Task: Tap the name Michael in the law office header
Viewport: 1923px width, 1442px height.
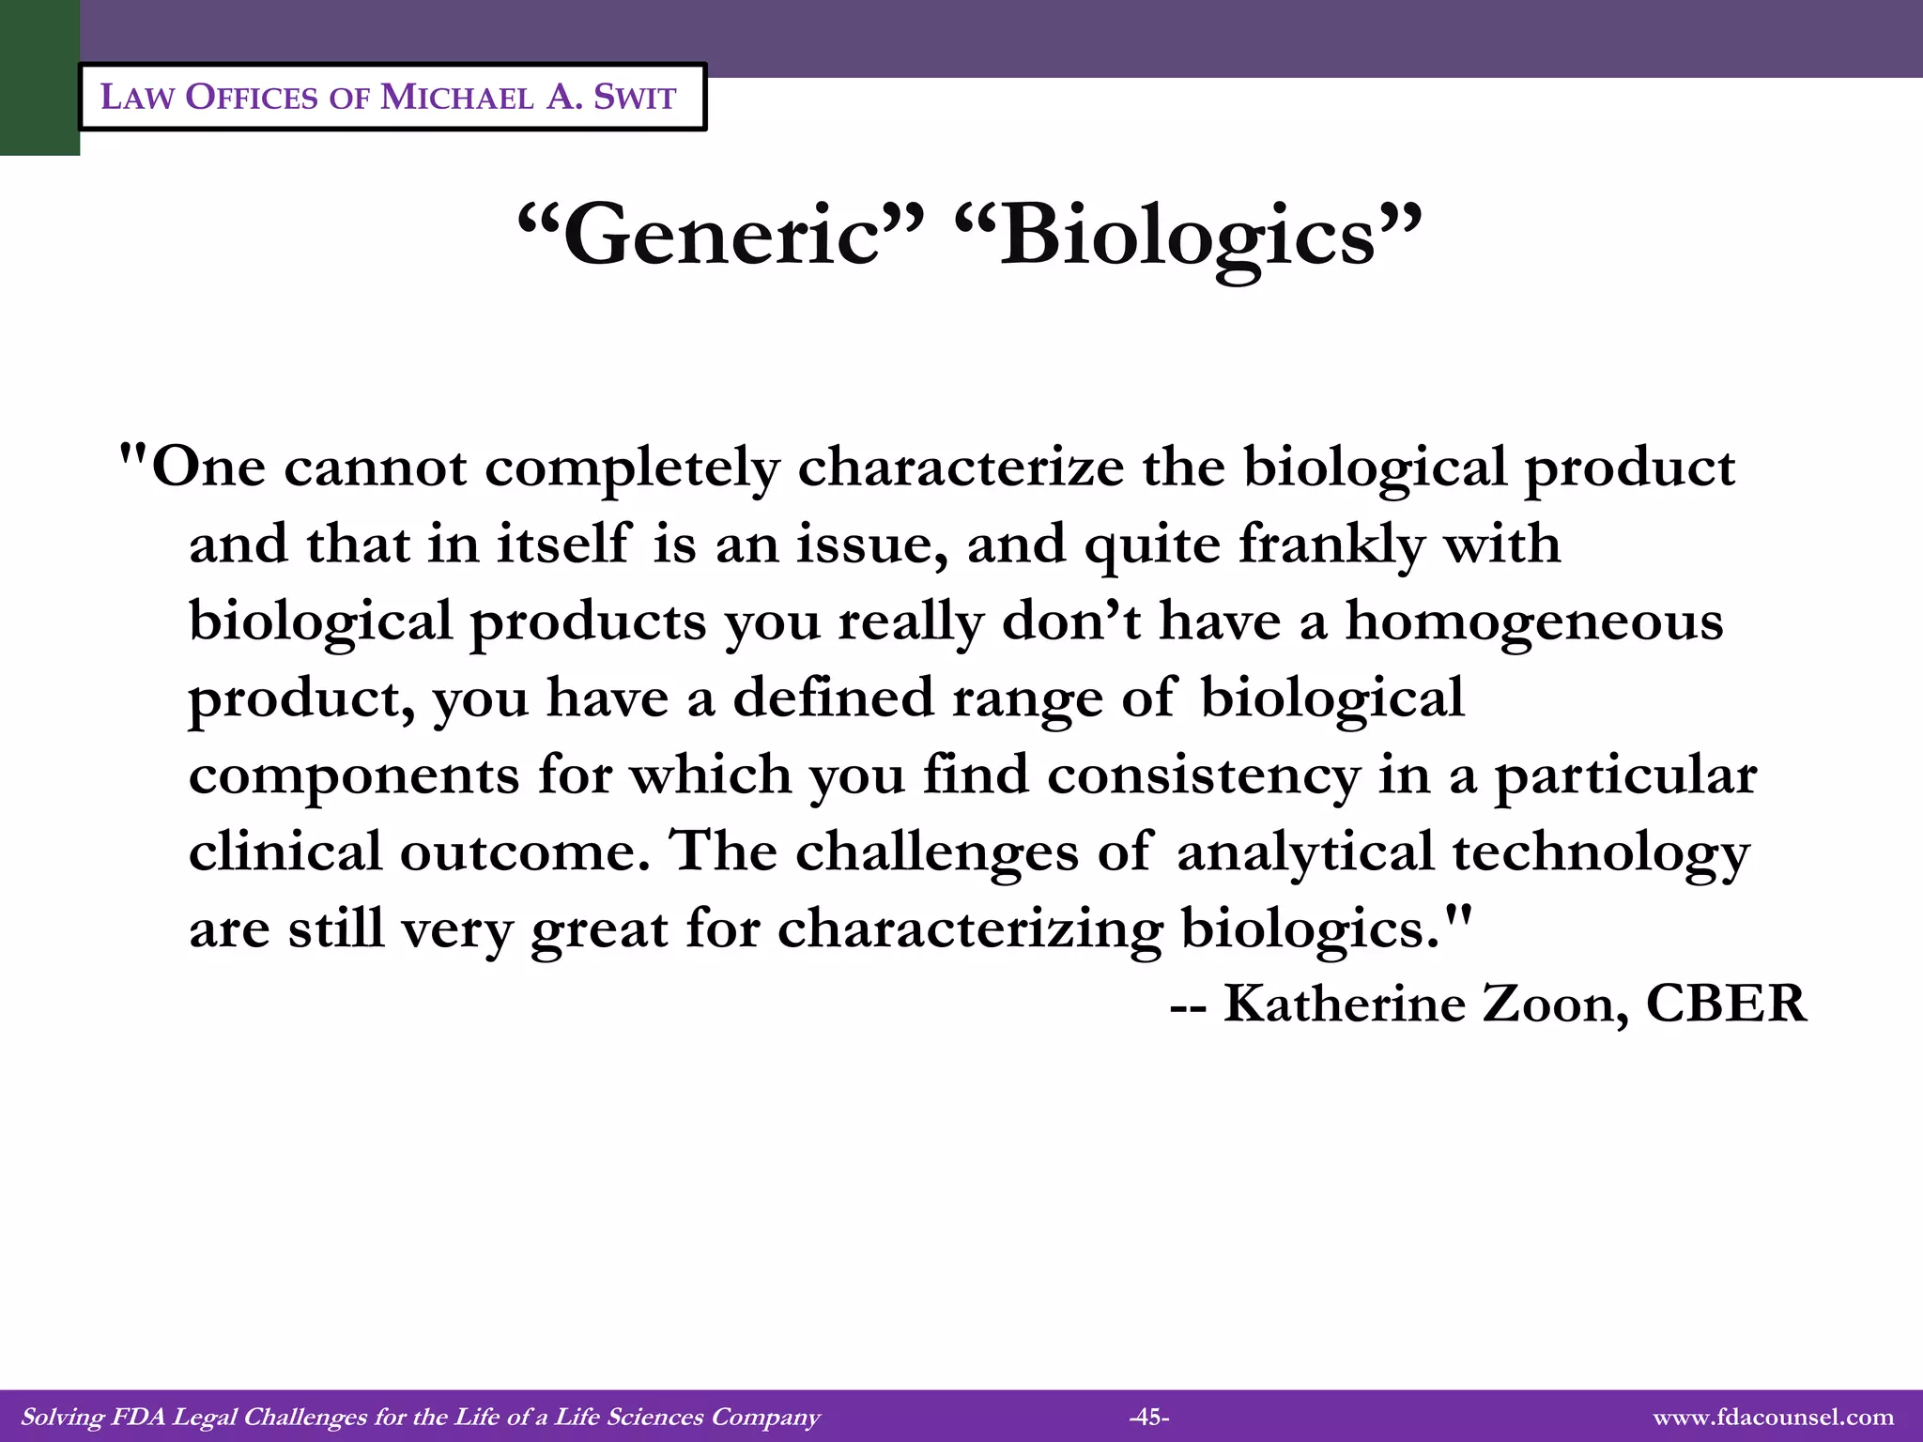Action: coord(456,97)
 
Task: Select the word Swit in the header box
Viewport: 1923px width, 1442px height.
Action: coord(635,97)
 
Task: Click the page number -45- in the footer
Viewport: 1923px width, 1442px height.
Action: coord(1148,1417)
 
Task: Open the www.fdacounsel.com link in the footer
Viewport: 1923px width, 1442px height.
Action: coord(1773,1417)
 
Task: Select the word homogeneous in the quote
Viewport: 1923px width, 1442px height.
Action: coord(1534,621)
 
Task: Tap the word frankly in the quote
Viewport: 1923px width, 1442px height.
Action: coord(1331,545)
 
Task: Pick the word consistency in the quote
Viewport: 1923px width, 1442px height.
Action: coord(1203,775)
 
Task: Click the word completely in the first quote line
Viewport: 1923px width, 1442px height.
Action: coord(632,468)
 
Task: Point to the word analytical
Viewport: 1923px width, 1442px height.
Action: coord(1304,852)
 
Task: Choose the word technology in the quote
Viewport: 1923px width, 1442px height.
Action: coord(1601,852)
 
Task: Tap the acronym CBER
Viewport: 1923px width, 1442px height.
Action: coord(1726,1004)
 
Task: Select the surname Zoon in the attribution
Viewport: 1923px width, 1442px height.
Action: coord(1555,1004)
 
